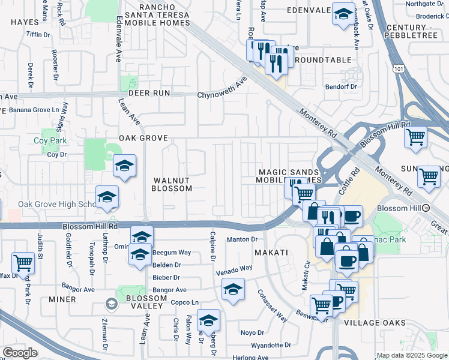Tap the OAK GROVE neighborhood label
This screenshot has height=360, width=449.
[x=142, y=138]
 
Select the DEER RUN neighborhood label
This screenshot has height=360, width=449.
[x=152, y=93]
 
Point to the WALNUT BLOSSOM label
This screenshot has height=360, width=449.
[x=172, y=184]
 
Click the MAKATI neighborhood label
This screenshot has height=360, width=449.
[x=271, y=253]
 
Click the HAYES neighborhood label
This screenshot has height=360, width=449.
[x=24, y=22]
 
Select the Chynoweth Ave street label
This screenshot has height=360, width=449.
[x=223, y=88]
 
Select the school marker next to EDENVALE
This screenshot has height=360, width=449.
[x=343, y=15]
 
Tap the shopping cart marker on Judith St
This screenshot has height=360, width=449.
[x=23, y=263]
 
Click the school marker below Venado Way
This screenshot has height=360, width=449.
[x=233, y=290]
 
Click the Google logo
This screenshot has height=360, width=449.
[x=20, y=353]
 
